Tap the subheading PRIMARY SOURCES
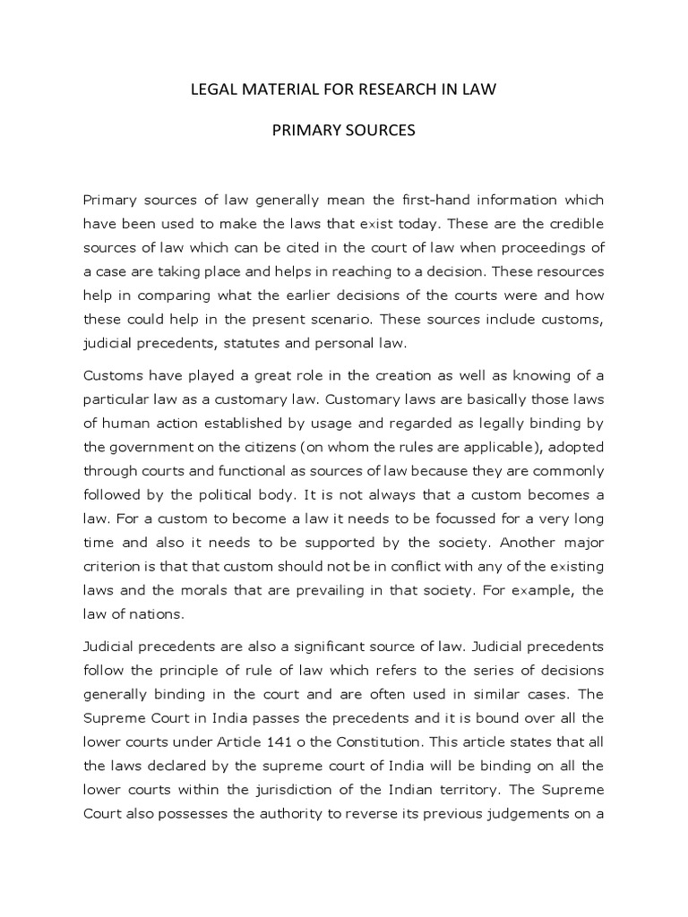[344, 131]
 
